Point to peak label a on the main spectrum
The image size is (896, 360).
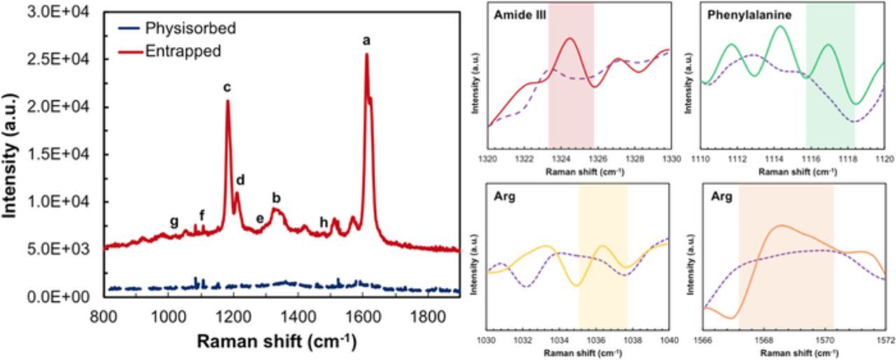point(366,41)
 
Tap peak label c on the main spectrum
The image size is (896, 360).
point(227,88)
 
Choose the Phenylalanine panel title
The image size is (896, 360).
point(738,15)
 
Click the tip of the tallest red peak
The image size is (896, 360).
point(365,55)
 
